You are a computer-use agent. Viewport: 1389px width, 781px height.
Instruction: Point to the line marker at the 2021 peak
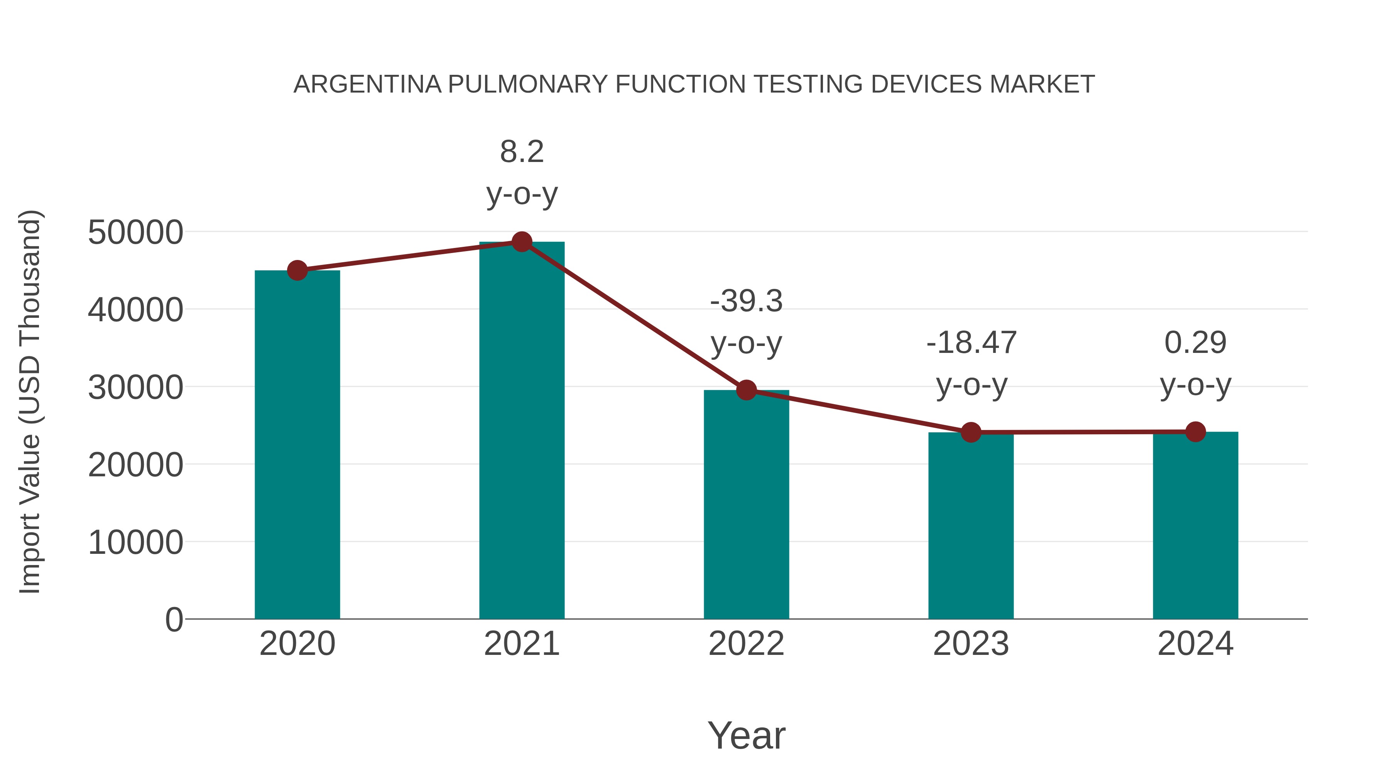pyautogui.click(x=521, y=242)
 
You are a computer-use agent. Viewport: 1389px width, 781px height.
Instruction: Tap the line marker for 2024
pyautogui.click(x=1195, y=432)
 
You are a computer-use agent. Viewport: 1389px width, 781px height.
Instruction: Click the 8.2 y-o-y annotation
pyautogui.click(x=521, y=172)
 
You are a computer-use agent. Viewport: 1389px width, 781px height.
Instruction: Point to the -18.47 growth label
pyautogui.click(x=971, y=363)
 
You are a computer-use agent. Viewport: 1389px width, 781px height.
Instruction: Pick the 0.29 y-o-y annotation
pyautogui.click(x=1195, y=363)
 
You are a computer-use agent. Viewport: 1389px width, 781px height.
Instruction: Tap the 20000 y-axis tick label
pyautogui.click(x=135, y=465)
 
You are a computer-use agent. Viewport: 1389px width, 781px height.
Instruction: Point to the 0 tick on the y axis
pyautogui.click(x=174, y=619)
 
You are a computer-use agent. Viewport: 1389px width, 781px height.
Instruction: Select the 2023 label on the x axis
pyautogui.click(x=971, y=644)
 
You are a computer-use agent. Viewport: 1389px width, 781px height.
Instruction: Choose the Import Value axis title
pyautogui.click(x=30, y=401)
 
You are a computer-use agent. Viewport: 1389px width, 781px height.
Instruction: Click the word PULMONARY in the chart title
pyautogui.click(x=527, y=84)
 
